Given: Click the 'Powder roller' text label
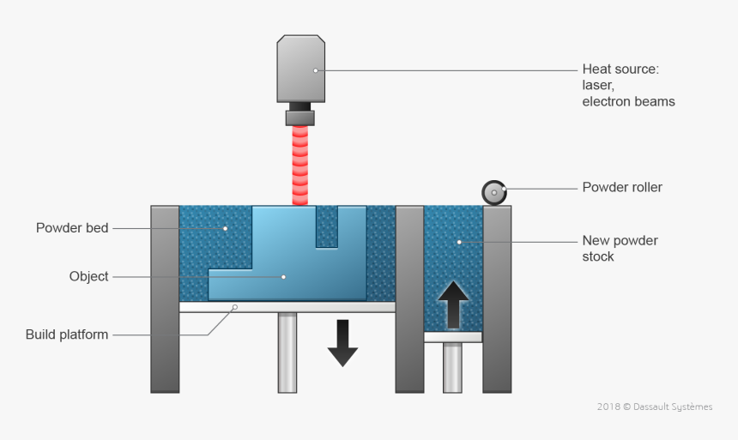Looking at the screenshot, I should [622, 187].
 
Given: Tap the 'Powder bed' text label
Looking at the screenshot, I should [72, 228].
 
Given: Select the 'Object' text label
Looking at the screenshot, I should [89, 276].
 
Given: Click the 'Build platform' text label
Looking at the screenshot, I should [67, 335].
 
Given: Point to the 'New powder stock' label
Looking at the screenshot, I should [620, 249].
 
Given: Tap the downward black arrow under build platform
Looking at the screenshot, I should [342, 342].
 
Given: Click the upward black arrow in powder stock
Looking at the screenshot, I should [453, 304].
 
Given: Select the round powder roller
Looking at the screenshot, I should [495, 193].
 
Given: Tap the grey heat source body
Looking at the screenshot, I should [300, 69].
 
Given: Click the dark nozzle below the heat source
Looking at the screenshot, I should [300, 116].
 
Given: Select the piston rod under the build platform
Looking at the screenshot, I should [287, 352].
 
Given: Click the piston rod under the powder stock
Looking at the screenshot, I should [453, 367].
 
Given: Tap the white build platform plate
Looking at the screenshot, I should [287, 306].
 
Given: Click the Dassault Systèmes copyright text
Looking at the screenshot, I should [654, 407].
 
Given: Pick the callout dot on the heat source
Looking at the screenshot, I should [315, 70].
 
